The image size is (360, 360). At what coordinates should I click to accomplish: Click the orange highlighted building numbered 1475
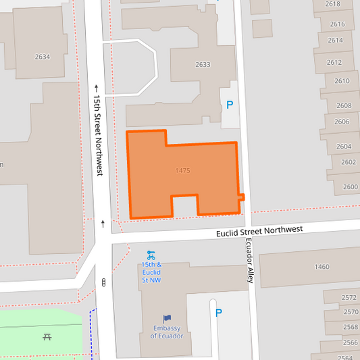[182, 172]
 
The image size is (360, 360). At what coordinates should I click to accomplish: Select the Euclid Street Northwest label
[259, 232]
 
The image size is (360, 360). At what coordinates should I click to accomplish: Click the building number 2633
[203, 65]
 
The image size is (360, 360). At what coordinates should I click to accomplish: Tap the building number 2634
[42, 57]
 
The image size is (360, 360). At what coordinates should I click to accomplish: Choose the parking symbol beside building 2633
[230, 105]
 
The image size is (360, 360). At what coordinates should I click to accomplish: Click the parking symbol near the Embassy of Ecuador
[217, 313]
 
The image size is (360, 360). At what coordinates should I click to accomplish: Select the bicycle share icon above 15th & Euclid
[151, 255]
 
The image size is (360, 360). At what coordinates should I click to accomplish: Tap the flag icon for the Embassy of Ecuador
[167, 318]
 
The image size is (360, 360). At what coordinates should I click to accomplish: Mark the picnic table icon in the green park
[47, 336]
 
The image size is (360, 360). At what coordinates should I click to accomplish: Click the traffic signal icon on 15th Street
[103, 282]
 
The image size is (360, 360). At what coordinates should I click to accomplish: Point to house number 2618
[332, 4]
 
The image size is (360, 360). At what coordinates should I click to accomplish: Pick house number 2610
[342, 81]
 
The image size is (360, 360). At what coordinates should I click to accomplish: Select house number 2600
[350, 186]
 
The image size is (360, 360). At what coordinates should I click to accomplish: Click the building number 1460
[322, 267]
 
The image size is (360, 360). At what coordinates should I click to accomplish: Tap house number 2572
[349, 297]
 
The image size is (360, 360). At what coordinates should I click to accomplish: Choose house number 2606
[342, 122]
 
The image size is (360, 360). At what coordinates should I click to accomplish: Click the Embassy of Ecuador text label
[167, 332]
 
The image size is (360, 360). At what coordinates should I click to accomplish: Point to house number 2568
[350, 327]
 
